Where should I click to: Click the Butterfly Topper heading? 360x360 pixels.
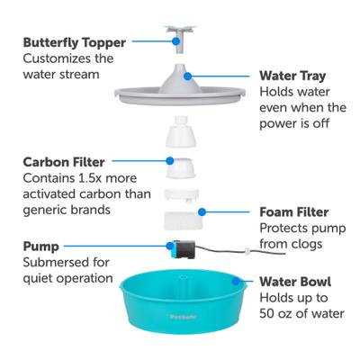click(74, 41)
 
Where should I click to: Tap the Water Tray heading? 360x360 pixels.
click(293, 76)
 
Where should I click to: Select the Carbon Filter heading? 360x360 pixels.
click(68, 161)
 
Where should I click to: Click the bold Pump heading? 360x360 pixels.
click(43, 245)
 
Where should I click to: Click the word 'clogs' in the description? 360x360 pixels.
click(307, 244)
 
